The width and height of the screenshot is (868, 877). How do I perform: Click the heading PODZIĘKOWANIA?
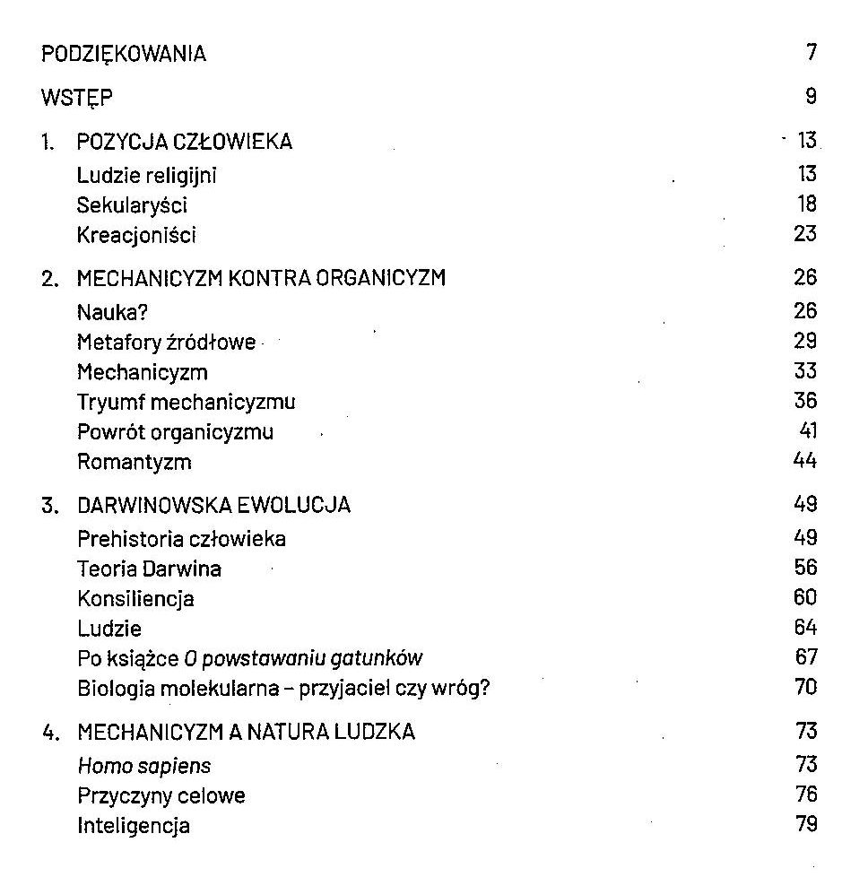124,54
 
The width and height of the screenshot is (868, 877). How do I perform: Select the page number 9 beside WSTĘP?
811,97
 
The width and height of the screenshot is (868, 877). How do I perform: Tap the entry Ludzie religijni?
147,176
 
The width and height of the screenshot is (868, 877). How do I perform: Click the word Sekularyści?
132,205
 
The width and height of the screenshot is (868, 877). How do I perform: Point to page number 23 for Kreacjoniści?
805,235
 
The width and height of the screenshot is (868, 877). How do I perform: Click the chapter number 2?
49,279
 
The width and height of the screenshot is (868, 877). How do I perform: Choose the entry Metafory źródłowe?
166,343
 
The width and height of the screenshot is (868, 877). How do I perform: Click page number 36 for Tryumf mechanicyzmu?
805,401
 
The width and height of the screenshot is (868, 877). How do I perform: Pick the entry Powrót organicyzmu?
175,432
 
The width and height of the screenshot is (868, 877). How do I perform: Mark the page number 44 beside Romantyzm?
805,461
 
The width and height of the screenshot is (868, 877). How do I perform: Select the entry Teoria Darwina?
149,569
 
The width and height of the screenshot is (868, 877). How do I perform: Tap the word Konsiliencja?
135,598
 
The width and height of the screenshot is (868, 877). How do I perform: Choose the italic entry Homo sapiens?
143,766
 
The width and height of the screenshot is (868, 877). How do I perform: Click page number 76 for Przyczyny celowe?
805,795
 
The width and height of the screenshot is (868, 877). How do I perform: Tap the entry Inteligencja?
133,825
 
